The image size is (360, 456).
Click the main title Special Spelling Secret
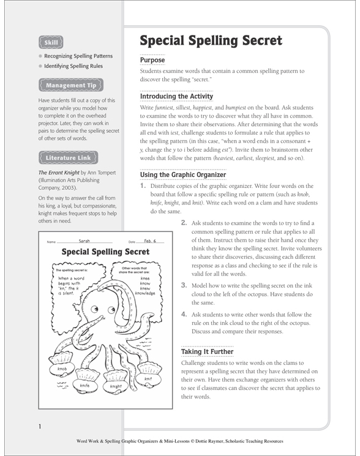(x=211, y=41)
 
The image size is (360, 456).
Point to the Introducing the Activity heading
(x=176, y=97)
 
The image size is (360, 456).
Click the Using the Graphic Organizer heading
(x=183, y=174)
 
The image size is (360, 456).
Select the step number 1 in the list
(x=143, y=186)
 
